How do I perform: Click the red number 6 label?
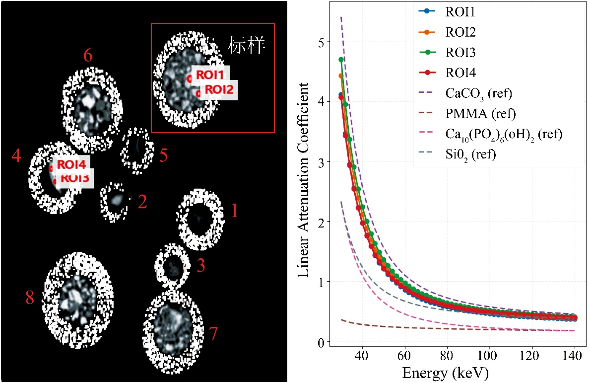tap(88, 56)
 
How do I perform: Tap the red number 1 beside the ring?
tap(235, 212)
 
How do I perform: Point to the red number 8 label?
tap(30, 298)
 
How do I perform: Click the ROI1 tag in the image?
tap(210, 75)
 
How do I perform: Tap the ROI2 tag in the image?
tap(219, 89)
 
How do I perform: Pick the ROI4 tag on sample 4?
tap(71, 164)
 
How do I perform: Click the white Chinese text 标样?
tap(247, 46)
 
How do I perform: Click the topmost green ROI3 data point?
tap(341, 60)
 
